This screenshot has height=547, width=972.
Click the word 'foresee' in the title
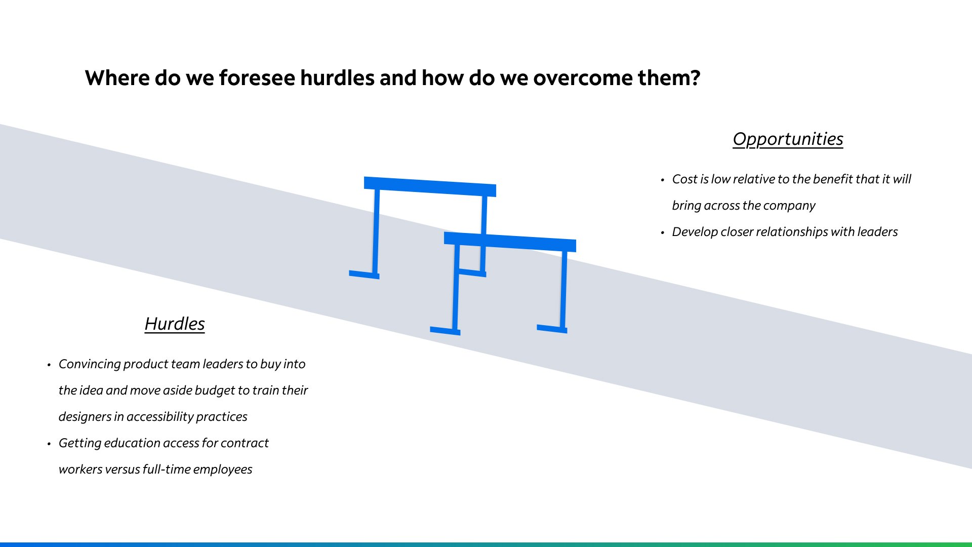pos(257,78)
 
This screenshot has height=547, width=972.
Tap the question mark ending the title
pos(695,78)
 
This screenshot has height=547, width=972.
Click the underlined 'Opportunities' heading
pos(788,139)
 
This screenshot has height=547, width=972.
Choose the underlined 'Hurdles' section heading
pos(175,324)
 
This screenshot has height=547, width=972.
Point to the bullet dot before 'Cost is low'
pos(662,180)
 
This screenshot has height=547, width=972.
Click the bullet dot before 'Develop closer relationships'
pos(662,233)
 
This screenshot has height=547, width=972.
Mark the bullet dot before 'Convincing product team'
pos(49,365)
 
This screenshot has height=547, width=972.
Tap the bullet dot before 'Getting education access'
pos(49,444)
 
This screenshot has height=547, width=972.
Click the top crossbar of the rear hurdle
pos(430,186)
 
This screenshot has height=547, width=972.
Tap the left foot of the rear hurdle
pos(364,275)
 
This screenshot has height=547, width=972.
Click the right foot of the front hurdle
pos(552,329)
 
